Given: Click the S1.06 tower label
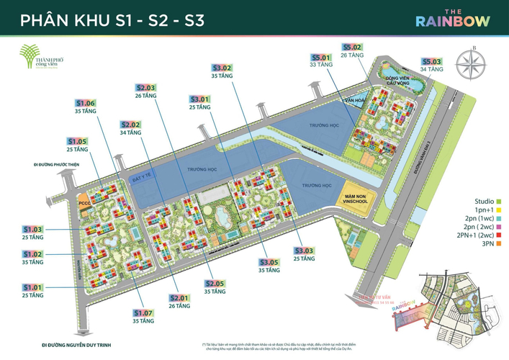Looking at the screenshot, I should coord(86,104).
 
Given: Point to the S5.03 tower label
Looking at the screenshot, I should coord(432,63).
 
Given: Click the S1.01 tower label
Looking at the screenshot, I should coord(33,287).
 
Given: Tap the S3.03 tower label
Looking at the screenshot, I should coord(305,251).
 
